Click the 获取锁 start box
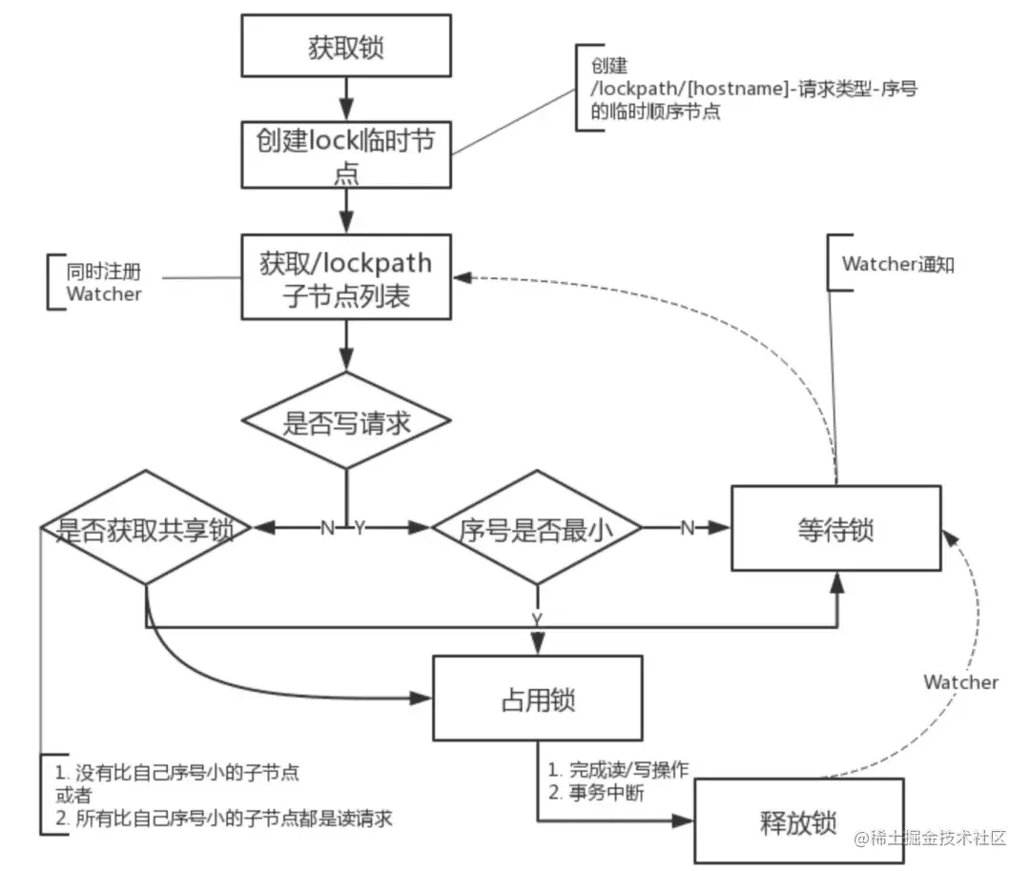click(345, 47)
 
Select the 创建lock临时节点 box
click(345, 152)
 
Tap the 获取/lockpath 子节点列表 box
click(345, 277)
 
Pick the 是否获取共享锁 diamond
click(145, 528)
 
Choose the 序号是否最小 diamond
click(537, 528)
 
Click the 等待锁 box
click(835, 528)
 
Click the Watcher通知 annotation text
click(897, 265)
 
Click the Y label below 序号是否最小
click(537, 618)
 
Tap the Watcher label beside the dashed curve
click(960, 682)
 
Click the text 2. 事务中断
click(596, 792)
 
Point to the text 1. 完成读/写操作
click(615, 769)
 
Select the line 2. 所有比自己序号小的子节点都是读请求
click(224, 818)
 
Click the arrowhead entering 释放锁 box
click(685, 819)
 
